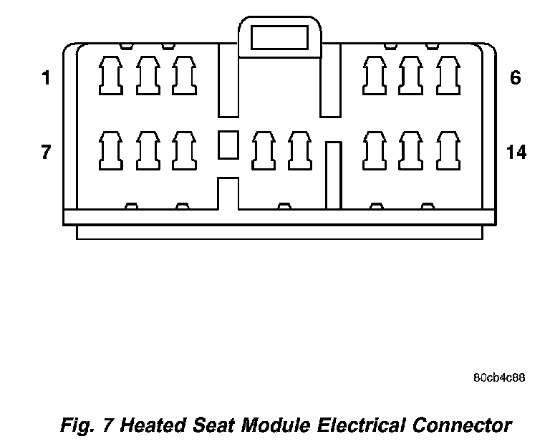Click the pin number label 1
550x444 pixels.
pyautogui.click(x=47, y=78)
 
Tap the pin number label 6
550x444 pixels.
pyautogui.click(x=516, y=78)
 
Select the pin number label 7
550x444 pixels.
pyautogui.click(x=47, y=152)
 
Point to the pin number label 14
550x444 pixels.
pyautogui.click(x=516, y=152)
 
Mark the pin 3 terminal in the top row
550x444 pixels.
pyautogui.click(x=184, y=76)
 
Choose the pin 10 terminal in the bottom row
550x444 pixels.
pyautogui.click(x=263, y=150)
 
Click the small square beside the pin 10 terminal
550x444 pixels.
pyautogui.click(x=228, y=144)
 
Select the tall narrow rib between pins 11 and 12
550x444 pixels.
pyautogui.click(x=332, y=175)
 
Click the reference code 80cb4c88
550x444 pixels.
pyautogui.click(x=499, y=377)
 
